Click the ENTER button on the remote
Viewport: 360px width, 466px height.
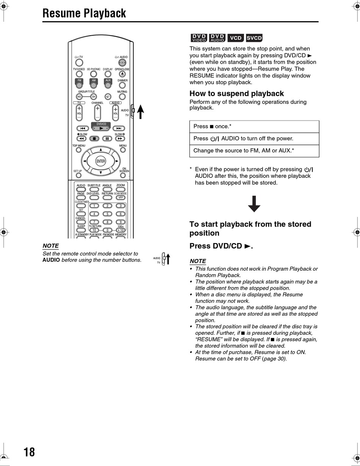coord(100,161)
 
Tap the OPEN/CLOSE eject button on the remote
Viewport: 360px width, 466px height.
coord(122,74)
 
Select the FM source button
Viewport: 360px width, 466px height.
coord(79,85)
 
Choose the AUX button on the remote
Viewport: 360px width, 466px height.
coord(108,85)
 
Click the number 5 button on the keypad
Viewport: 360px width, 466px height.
coord(107,214)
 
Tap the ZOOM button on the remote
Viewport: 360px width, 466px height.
coord(121,189)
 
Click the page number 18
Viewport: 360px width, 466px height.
coord(29,452)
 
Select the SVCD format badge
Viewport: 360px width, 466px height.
coord(254,38)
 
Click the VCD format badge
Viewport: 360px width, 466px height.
coord(236,38)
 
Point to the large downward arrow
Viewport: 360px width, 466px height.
coord(254,204)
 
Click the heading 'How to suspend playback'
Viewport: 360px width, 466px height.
coord(236,94)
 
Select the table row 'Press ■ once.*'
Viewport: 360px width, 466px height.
coord(254,127)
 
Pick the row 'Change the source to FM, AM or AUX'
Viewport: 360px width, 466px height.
coord(254,151)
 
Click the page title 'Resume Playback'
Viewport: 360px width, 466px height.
coord(84,13)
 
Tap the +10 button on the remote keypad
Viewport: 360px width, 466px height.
coord(121,230)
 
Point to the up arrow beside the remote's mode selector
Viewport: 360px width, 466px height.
coord(140,111)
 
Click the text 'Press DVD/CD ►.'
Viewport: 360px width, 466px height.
coord(221,246)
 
